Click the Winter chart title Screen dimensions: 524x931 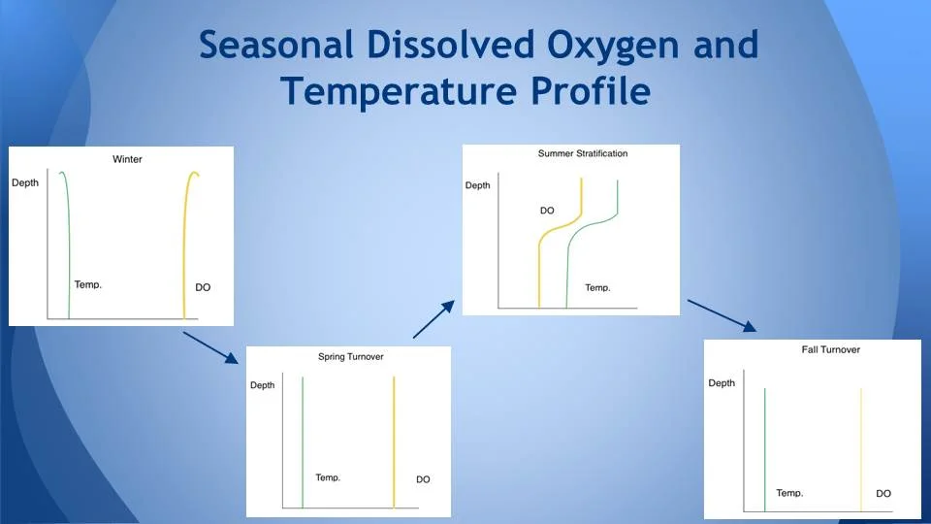pyautogui.click(x=127, y=159)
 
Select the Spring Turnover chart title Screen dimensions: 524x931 pyautogui.click(x=351, y=357)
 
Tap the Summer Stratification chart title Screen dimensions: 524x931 pyautogui.click(x=583, y=154)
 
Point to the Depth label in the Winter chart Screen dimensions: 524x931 pyautogui.click(x=25, y=183)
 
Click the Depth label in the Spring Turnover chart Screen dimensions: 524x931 pyautogui.click(x=263, y=385)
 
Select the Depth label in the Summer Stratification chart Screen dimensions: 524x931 pyautogui.click(x=478, y=185)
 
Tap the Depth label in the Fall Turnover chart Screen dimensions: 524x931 pyautogui.click(x=722, y=383)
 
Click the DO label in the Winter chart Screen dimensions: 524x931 pyautogui.click(x=203, y=288)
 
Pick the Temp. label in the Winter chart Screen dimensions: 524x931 pyautogui.click(x=88, y=285)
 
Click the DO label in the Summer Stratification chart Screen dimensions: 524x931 pyautogui.click(x=547, y=211)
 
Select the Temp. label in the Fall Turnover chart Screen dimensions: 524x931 pyautogui.click(x=789, y=493)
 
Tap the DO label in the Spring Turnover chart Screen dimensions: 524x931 pyautogui.click(x=423, y=479)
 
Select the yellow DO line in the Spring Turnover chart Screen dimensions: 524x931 pyautogui.click(x=394, y=437)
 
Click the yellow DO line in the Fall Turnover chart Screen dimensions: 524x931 pyautogui.click(x=861, y=446)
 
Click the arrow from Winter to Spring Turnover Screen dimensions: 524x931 pyautogui.click(x=210, y=347)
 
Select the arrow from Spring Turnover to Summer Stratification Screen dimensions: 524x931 pyautogui.click(x=433, y=319)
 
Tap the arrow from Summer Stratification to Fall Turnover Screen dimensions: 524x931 pyautogui.click(x=722, y=315)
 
